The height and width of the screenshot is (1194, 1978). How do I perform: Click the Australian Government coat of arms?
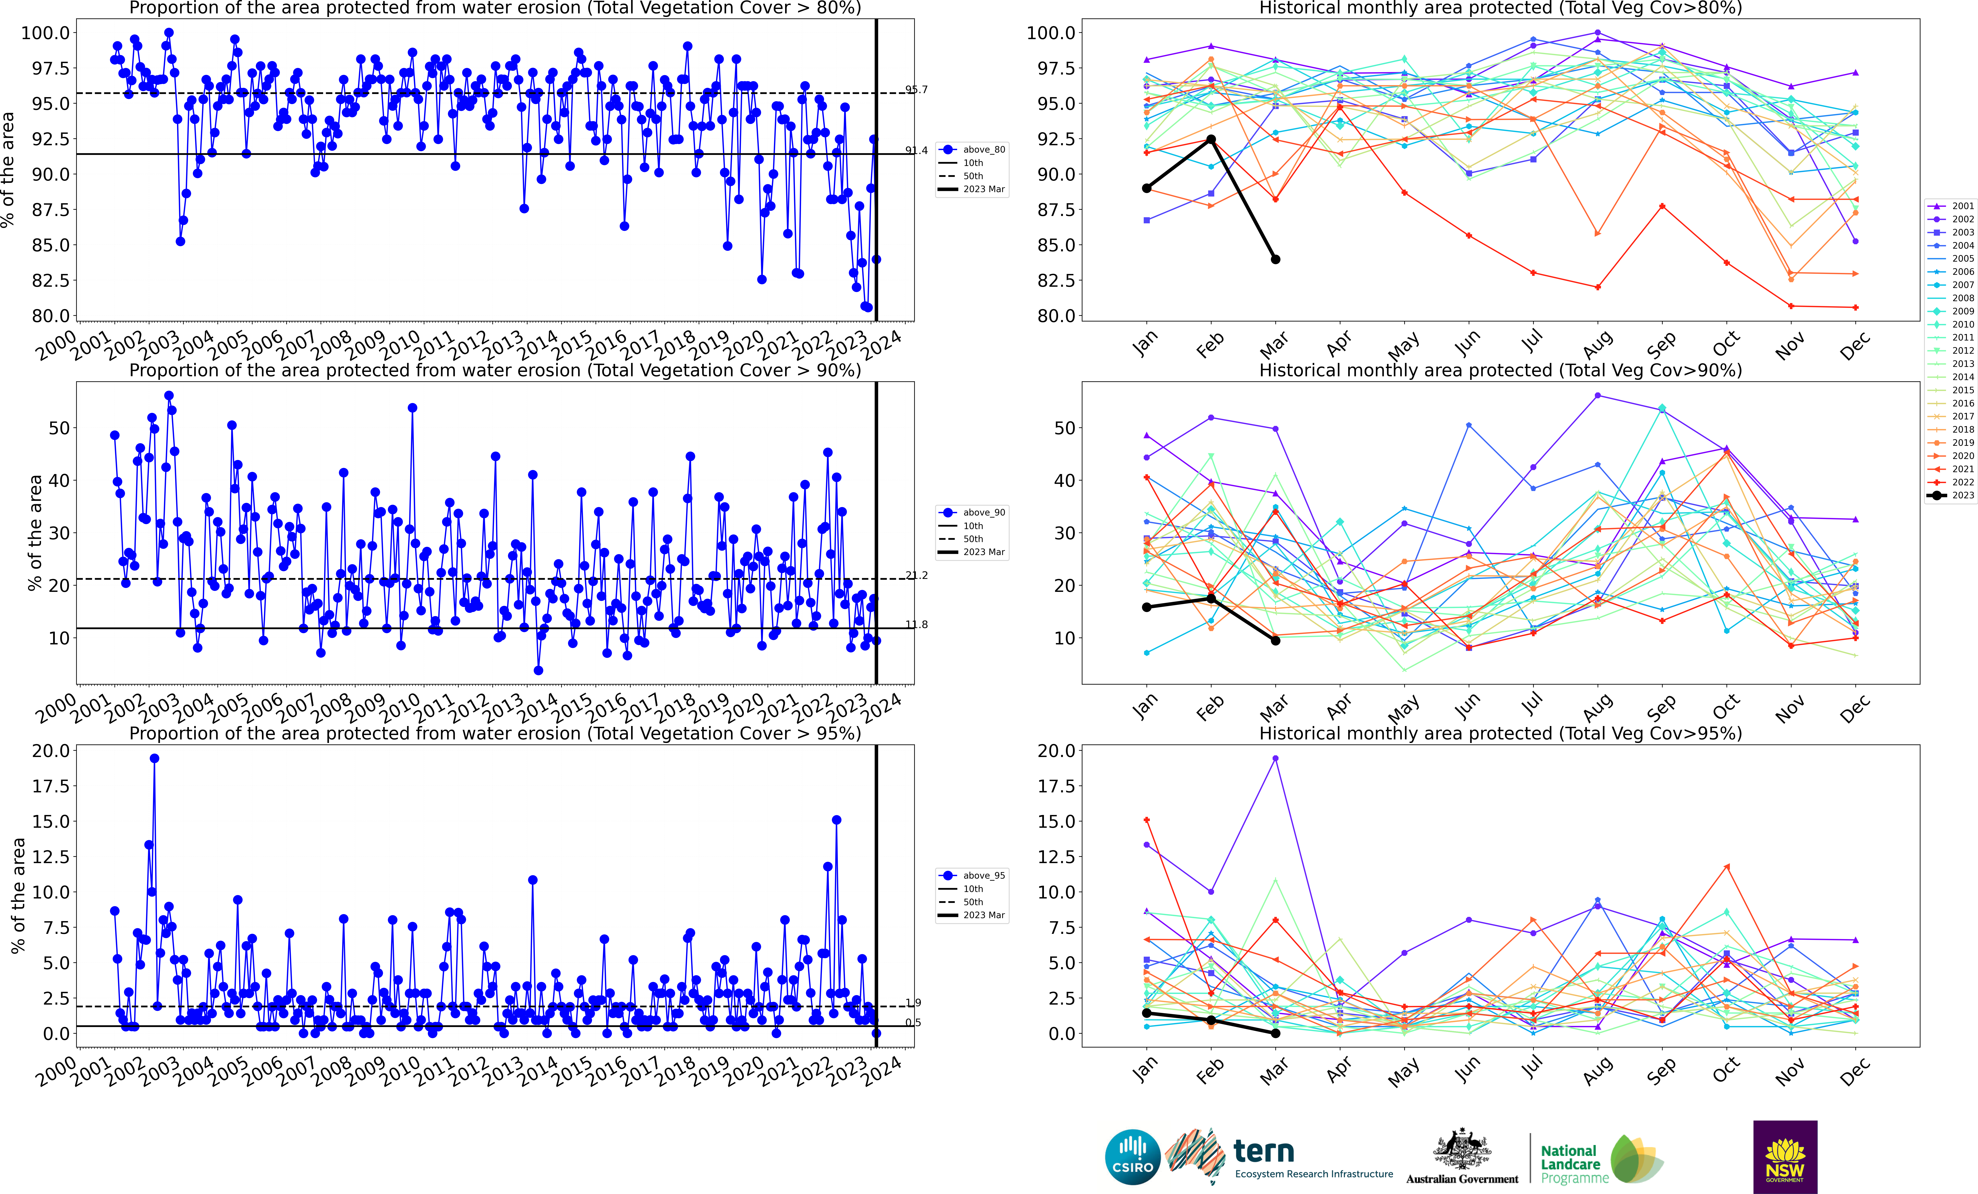[1462, 1150]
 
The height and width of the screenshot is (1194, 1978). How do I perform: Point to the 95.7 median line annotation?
[916, 89]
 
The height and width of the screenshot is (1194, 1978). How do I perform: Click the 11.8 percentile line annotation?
[916, 625]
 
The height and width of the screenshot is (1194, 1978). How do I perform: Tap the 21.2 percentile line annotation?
[916, 575]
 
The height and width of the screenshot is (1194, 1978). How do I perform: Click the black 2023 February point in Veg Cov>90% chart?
[1210, 598]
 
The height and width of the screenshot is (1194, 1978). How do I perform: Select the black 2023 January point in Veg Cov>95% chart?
[1146, 1013]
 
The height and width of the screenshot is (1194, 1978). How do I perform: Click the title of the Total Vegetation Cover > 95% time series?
[494, 733]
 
